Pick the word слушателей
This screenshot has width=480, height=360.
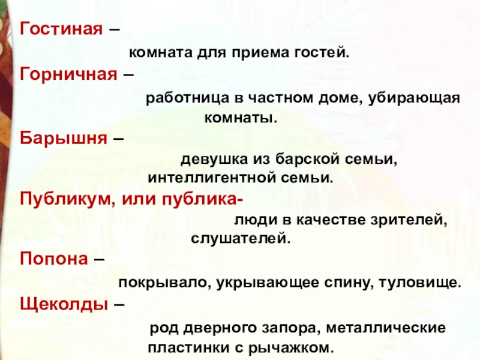[240, 239]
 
